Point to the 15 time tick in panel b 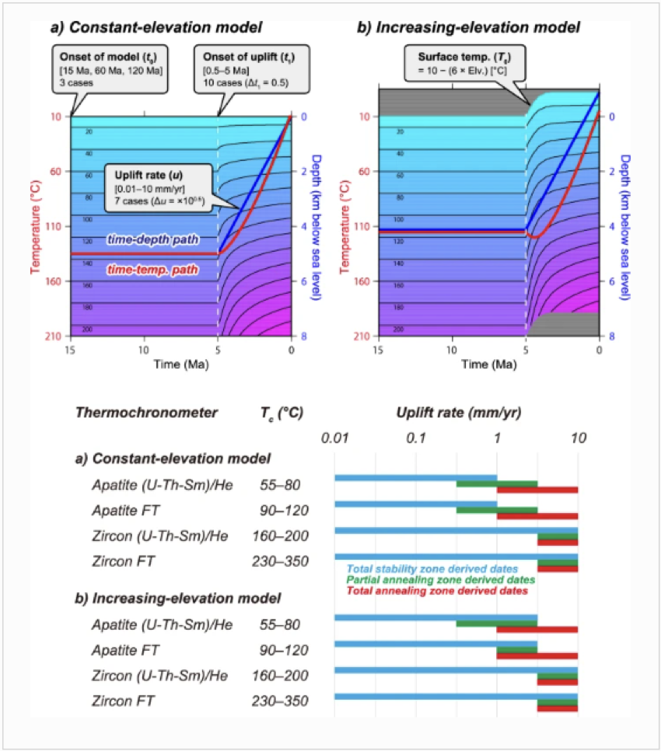pos(379,349)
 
